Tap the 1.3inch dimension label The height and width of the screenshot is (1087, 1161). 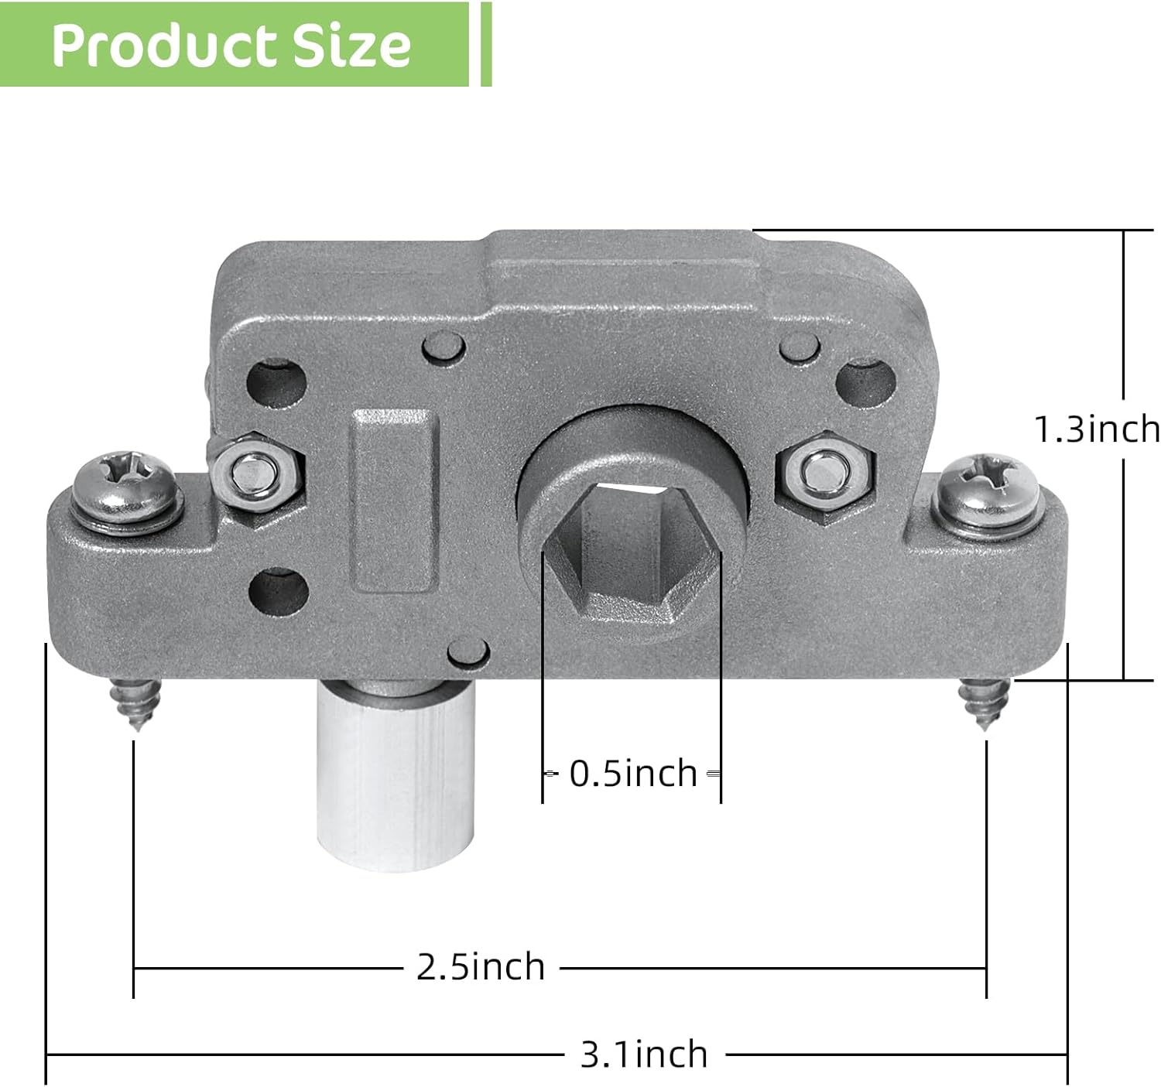1098,429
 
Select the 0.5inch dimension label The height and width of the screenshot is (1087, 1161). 633,773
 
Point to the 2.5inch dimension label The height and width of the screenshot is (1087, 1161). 481,966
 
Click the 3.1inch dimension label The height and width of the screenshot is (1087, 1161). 644,1054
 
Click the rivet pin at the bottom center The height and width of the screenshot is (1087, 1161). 465,651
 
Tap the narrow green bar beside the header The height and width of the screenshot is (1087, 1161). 486,43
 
